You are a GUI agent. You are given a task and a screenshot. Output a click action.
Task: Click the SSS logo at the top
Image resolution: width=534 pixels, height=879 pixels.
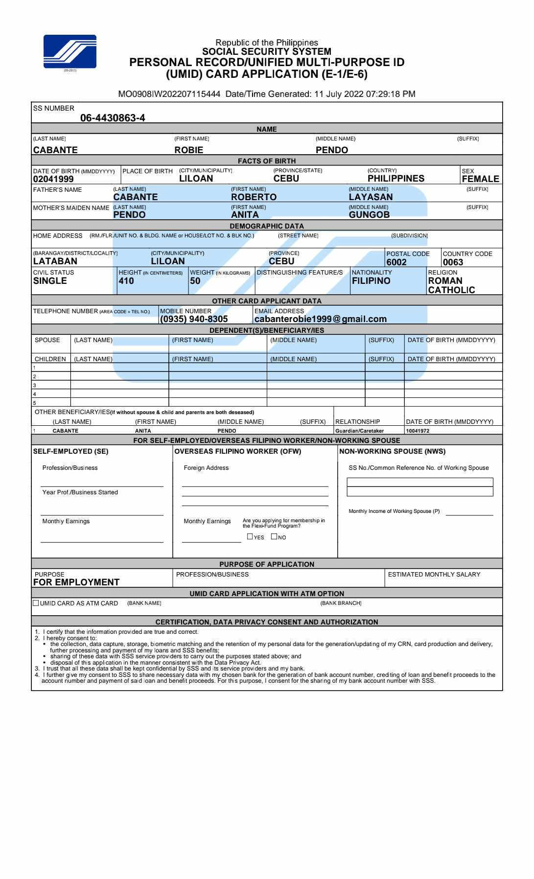coord(70,51)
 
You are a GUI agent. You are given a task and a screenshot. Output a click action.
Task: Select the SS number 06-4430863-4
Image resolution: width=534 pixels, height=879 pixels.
coord(113,118)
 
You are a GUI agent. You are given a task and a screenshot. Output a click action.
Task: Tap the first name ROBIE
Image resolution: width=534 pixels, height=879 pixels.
coord(189,150)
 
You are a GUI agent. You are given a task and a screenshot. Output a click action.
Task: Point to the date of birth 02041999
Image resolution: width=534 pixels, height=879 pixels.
coord(53,179)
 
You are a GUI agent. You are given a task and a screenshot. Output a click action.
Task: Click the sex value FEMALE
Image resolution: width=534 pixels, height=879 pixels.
coord(480,179)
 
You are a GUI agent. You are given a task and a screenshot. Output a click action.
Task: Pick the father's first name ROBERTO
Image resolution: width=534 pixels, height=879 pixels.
coord(254,197)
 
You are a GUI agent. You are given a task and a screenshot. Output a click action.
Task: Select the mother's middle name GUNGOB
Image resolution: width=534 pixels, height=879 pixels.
coord(369,215)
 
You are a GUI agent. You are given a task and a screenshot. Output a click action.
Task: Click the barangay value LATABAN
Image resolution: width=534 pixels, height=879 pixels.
coord(55,261)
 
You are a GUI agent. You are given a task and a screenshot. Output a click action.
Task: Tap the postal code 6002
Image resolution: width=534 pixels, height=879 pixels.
coord(396,262)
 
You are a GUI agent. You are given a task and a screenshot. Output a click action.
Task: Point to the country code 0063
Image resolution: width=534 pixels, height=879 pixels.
coord(453,262)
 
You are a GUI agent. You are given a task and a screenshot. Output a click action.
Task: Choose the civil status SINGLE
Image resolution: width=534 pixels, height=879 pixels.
coord(50,281)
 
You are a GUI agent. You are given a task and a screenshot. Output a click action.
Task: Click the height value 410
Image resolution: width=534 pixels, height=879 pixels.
coord(126,281)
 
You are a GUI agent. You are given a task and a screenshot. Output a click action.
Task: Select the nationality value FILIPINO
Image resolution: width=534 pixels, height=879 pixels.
coord(371,281)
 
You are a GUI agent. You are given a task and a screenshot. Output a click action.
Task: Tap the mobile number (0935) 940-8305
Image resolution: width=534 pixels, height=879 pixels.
coord(194,319)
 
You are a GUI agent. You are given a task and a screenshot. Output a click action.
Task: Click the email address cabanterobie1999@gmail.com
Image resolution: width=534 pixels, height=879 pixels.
coord(321,319)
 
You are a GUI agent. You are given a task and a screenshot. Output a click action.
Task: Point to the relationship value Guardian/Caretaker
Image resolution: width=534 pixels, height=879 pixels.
coord(359,431)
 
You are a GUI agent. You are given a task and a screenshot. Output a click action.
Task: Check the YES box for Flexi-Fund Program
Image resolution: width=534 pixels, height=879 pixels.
coord(250,536)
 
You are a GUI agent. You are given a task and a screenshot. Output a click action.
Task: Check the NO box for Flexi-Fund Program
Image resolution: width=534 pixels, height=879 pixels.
coord(274,536)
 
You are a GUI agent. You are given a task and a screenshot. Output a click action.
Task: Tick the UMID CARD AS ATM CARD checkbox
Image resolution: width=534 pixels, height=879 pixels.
coord(36,603)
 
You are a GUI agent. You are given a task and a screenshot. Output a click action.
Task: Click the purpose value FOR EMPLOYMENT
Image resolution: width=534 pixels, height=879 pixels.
coord(76,582)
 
